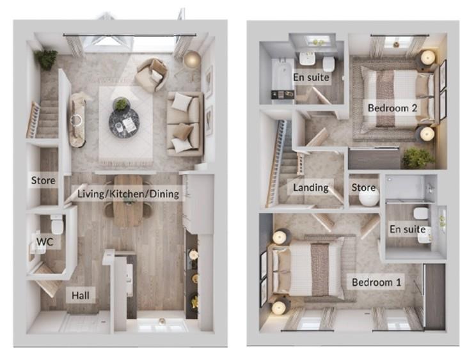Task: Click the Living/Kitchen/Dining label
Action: pyautogui.click(x=128, y=193)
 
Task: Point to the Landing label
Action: pyautogui.click(x=311, y=187)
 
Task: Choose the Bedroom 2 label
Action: pyautogui.click(x=392, y=108)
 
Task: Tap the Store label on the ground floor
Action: pyautogui.click(x=43, y=181)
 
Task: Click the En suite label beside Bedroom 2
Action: pyautogui.click(x=311, y=78)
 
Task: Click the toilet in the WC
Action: pyautogui.click(x=57, y=224)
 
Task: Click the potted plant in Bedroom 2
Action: pyautogui.click(x=417, y=157)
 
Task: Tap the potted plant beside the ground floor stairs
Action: pyautogui.click(x=46, y=59)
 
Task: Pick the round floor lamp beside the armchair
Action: pyautogui.click(x=191, y=59)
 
